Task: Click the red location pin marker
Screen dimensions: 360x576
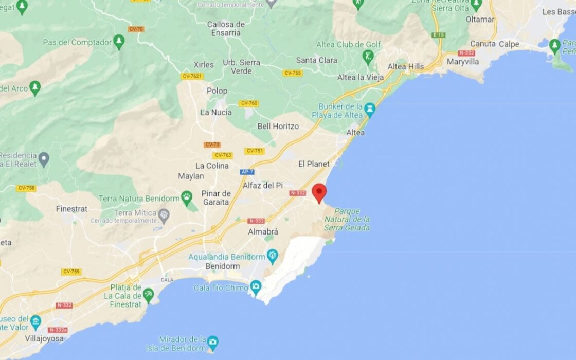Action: pyautogui.click(x=319, y=192)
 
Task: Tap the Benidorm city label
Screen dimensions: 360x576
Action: pyautogui.click(x=223, y=266)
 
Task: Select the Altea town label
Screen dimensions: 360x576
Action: pyautogui.click(x=355, y=133)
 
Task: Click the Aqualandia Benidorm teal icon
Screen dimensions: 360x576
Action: pyautogui.click(x=273, y=255)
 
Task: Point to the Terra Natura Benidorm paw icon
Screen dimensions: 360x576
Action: pyautogui.click(x=187, y=197)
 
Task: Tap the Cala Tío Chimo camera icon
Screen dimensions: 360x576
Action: pyautogui.click(x=256, y=286)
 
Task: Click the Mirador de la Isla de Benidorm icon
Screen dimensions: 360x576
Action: pyautogui.click(x=212, y=341)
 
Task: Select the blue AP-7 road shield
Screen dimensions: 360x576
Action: pyautogui.click(x=247, y=172)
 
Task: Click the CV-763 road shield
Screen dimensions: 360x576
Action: pyautogui.click(x=223, y=155)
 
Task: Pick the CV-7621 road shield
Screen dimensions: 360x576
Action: pyautogui.click(x=192, y=76)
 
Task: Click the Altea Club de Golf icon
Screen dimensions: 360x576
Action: pyautogui.click(x=368, y=56)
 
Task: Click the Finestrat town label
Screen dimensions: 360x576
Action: pyautogui.click(x=71, y=209)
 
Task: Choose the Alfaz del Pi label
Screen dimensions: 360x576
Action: pyautogui.click(x=263, y=185)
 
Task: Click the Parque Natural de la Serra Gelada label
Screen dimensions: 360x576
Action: pyautogui.click(x=347, y=219)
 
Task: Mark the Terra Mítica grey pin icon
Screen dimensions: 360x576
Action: pyautogui.click(x=164, y=213)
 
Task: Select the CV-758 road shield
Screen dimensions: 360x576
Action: pyautogui.click(x=26, y=188)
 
